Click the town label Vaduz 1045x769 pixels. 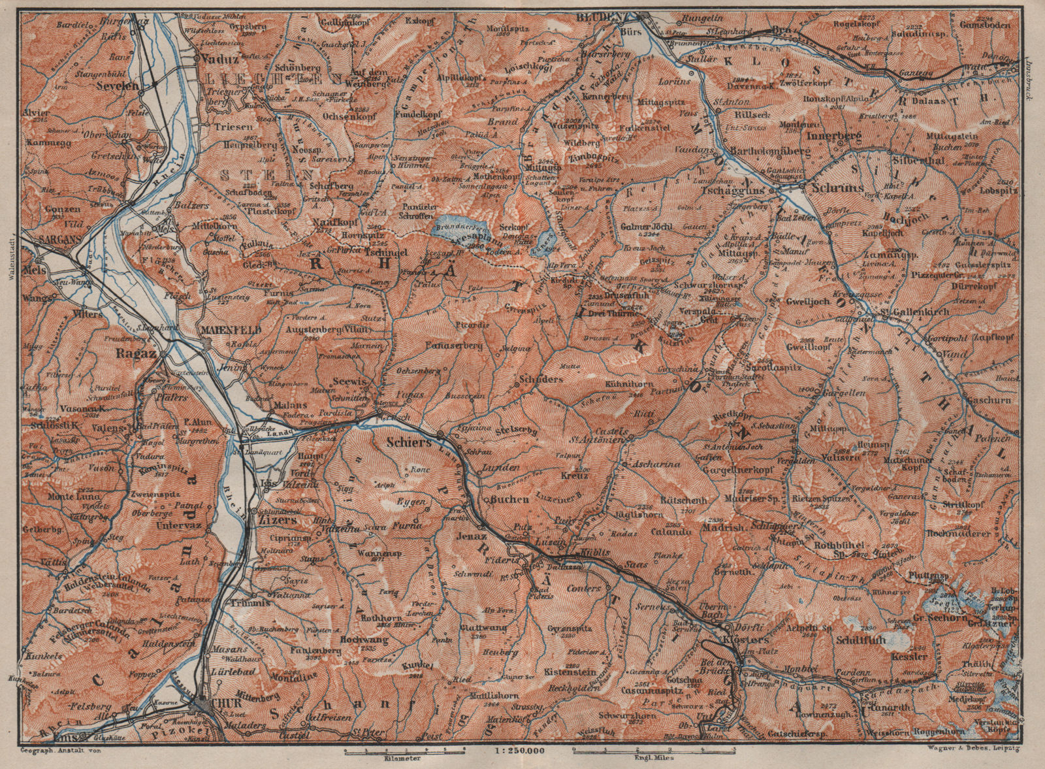tap(220, 57)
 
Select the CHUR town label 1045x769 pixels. tap(221, 705)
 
